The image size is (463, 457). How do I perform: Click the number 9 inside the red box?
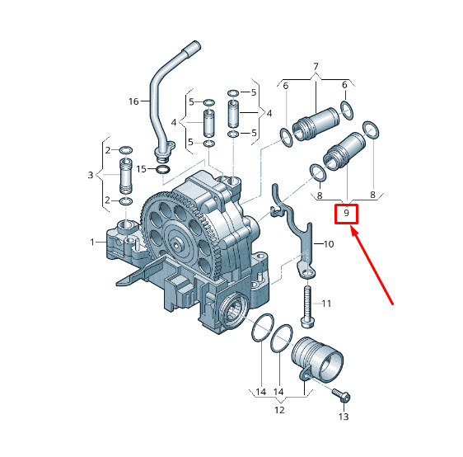coord(346,213)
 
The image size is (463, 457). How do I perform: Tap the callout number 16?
coord(133,101)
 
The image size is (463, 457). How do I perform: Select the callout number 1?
coord(92,243)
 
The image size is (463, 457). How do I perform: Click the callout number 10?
coord(329,244)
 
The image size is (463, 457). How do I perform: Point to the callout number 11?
coord(326,304)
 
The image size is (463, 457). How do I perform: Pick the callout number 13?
coord(344,417)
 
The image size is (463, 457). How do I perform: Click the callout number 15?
coord(142,169)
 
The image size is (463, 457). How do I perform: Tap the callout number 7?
coord(316,67)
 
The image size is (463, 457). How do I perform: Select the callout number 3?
coord(91,175)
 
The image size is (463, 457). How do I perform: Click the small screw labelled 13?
coord(341,395)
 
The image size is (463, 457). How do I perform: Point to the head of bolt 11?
coord(307,322)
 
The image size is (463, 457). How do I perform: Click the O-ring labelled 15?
coord(163,170)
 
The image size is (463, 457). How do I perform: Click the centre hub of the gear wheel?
coord(176,245)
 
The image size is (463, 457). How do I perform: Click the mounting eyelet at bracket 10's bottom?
coord(308,272)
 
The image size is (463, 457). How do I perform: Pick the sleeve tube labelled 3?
coord(126,176)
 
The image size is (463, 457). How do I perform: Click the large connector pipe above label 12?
coord(317,360)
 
